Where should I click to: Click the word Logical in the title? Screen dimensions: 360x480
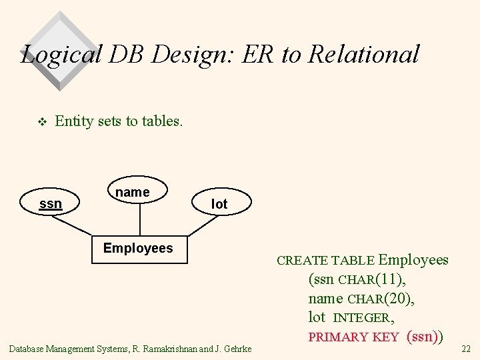click(61, 54)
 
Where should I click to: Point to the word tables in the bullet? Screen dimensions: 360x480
click(162, 121)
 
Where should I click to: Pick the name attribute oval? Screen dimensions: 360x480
click(133, 192)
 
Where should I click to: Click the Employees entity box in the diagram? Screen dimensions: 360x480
click(138, 248)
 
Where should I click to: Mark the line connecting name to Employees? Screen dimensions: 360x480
click(139, 220)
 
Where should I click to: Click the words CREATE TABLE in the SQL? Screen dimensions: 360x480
click(325, 261)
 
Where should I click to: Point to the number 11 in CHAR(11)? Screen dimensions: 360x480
click(391, 279)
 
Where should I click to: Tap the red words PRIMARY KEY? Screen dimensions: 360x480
click(353, 337)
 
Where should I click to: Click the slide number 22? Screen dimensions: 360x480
click(466, 349)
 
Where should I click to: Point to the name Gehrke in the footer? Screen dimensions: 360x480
click(237, 349)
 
